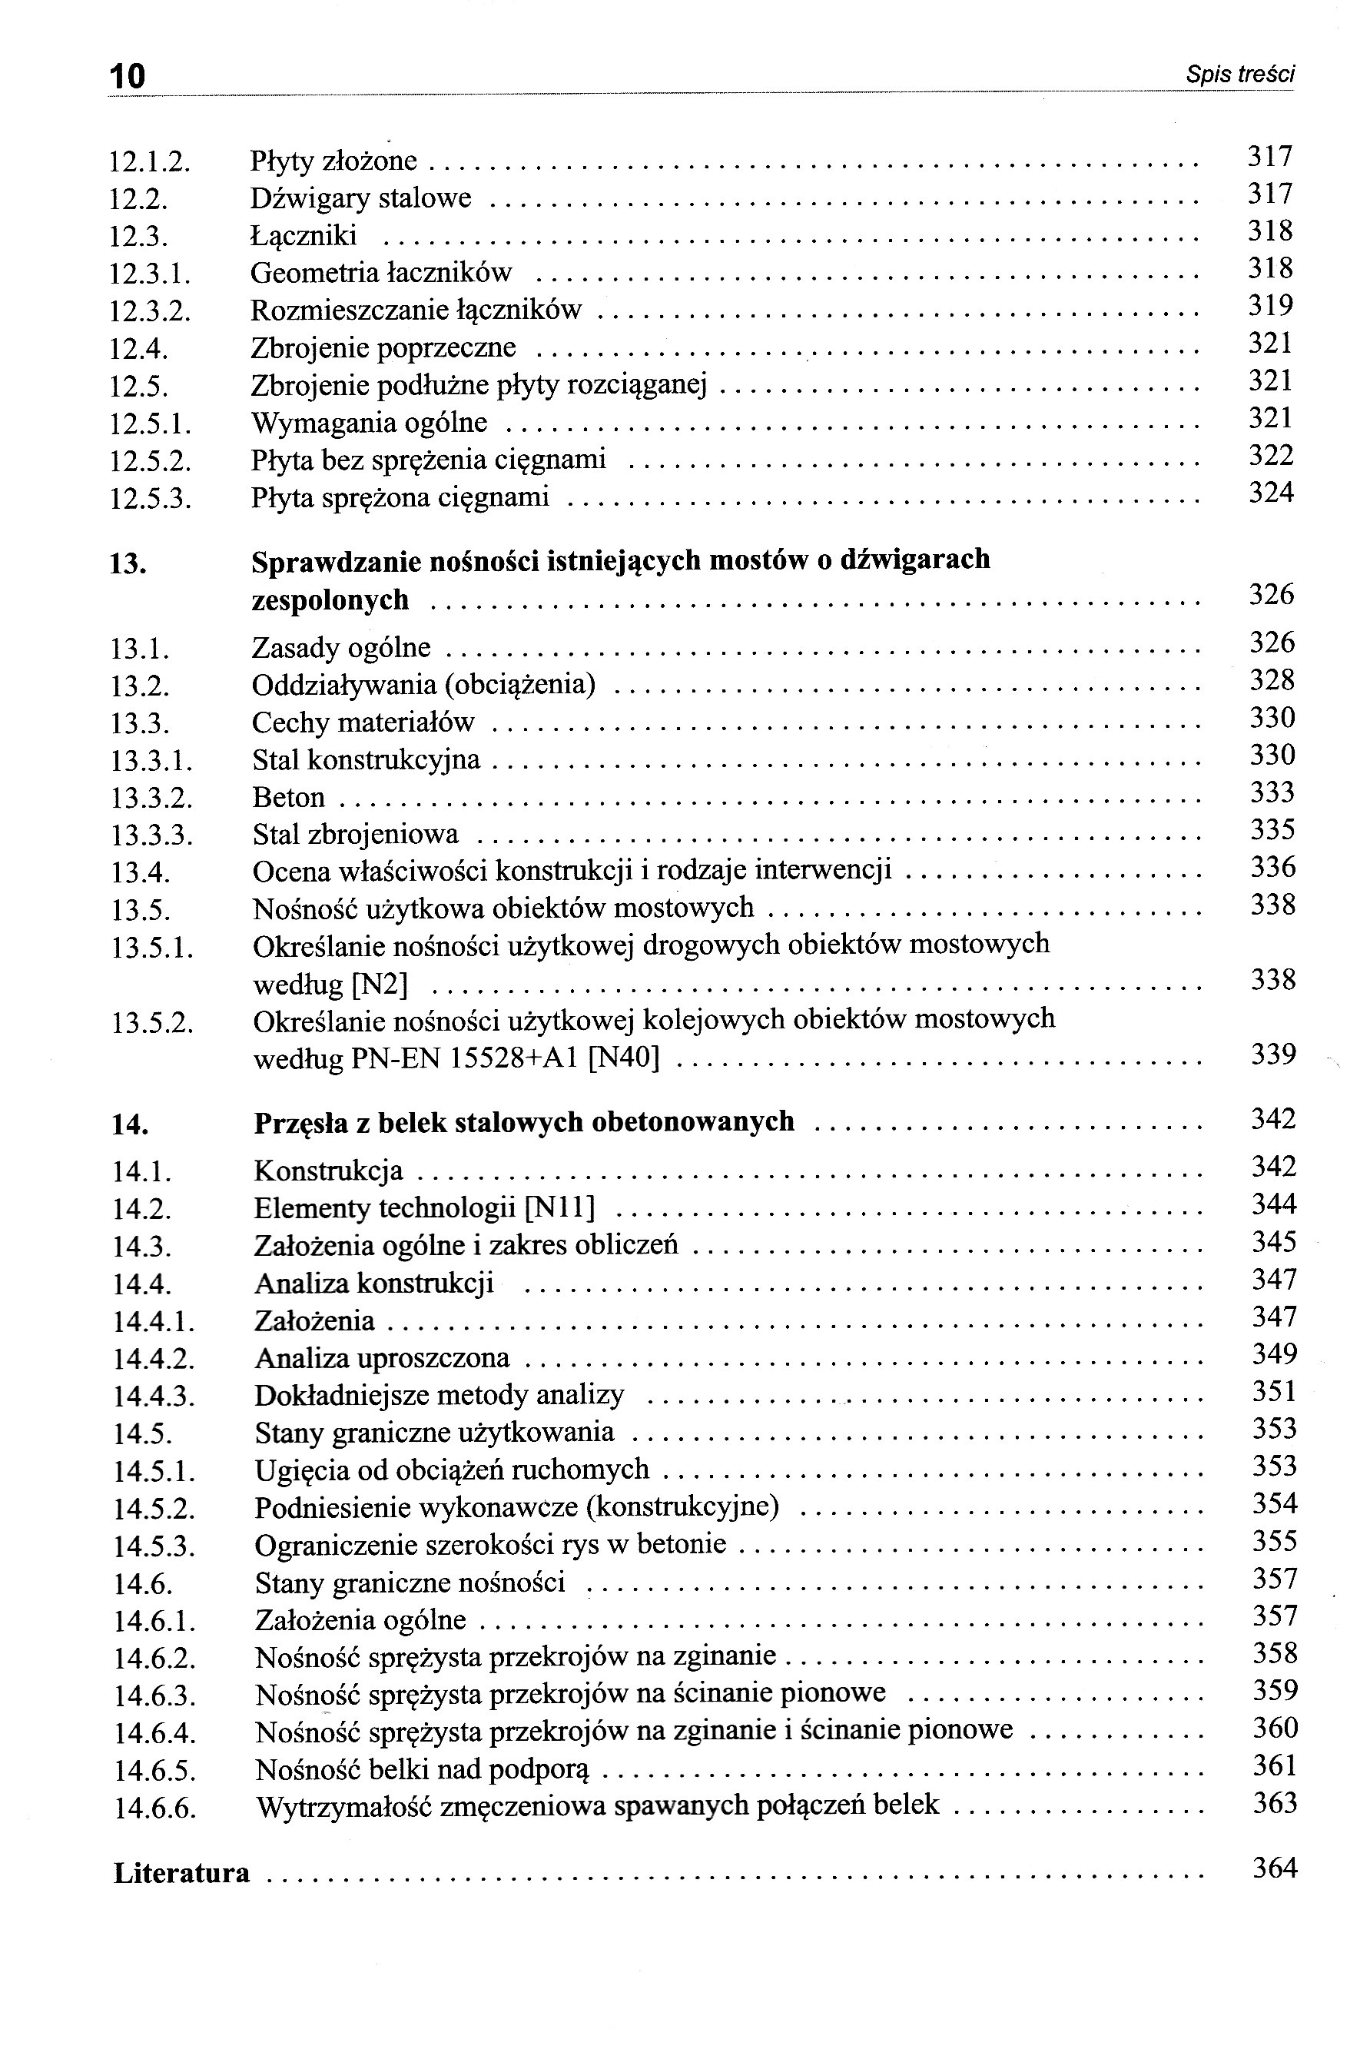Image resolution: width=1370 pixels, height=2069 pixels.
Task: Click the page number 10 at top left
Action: coord(128,76)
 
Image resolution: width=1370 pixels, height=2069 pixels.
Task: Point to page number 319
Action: coord(1269,306)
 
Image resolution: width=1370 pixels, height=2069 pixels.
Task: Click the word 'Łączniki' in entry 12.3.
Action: coord(304,236)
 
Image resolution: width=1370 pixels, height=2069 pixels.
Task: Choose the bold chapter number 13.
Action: coord(128,563)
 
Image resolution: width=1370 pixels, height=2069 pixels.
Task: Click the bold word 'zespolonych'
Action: coord(330,601)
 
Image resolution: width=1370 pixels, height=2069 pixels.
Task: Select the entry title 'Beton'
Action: coord(288,798)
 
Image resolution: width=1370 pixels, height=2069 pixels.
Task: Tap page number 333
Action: coord(1272,792)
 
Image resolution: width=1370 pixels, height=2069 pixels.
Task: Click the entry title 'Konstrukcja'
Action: coord(329,1171)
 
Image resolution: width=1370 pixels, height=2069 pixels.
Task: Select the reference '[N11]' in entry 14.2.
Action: coord(560,1208)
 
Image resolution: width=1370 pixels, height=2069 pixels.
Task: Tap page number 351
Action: coord(1273,1391)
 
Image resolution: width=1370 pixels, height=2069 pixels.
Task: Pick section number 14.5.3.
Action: coord(154,1547)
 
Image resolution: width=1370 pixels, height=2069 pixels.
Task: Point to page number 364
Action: coord(1275,1868)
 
